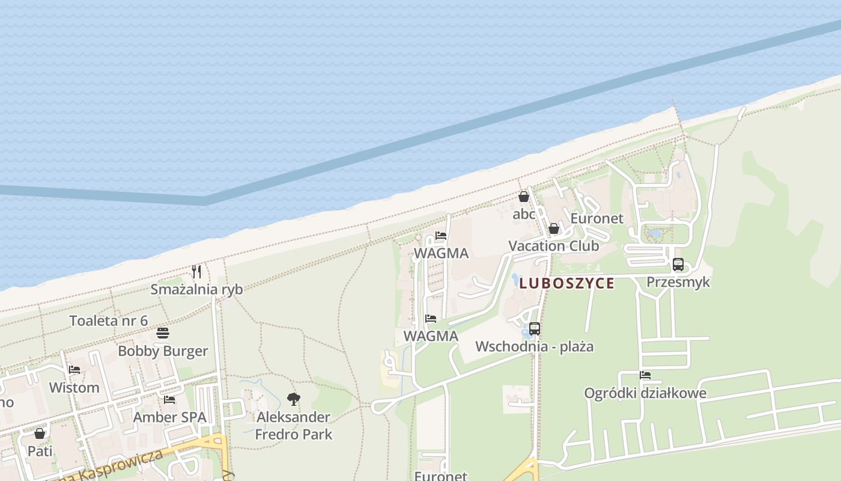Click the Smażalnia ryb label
[x=196, y=289]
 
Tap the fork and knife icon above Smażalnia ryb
[x=196, y=272]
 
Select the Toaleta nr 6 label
[x=109, y=320]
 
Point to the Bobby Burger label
[x=163, y=351]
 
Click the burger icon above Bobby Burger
[x=163, y=333]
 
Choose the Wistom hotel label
[x=74, y=387]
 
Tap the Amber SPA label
[x=169, y=417]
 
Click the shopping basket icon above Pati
[x=40, y=433]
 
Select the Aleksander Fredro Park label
[x=293, y=425]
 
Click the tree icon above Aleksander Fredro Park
[x=293, y=399]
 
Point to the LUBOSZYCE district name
[x=566, y=283]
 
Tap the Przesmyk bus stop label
[x=678, y=282]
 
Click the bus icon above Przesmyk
[x=678, y=264]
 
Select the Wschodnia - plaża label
[x=534, y=346]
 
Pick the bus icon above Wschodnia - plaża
[x=534, y=329]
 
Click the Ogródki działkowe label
[x=645, y=393]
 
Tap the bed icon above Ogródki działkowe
[x=645, y=375]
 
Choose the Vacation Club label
[x=553, y=246]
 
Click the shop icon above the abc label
[x=524, y=197]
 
